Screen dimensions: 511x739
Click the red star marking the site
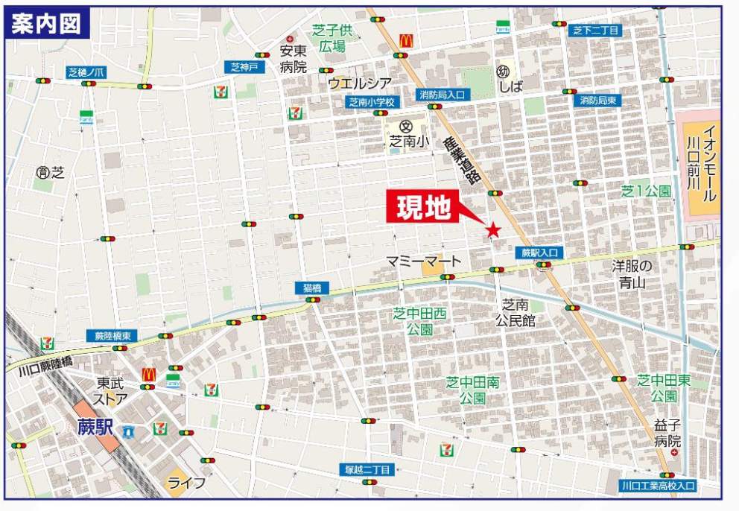pos(492,230)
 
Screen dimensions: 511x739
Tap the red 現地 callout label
pos(423,208)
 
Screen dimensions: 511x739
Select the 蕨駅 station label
pos(94,428)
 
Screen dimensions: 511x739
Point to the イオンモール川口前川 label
pos(700,164)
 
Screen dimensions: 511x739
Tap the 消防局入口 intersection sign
pos(441,95)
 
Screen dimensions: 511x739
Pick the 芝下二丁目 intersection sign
pos(597,31)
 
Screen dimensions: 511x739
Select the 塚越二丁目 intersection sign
pos(367,469)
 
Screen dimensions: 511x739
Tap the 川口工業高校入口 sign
pos(658,486)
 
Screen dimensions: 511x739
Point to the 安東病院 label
pos(293,59)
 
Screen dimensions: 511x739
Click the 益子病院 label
pos(667,433)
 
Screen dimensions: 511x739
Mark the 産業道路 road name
pos(463,161)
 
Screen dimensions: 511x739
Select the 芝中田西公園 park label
pos(419,321)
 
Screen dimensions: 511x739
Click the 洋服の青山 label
pos(632,274)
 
